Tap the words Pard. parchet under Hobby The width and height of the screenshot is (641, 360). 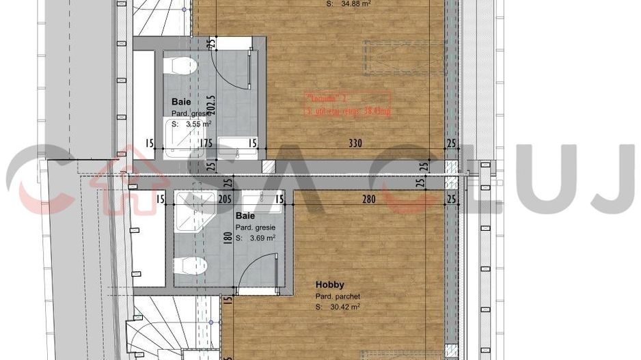(x=338, y=296)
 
